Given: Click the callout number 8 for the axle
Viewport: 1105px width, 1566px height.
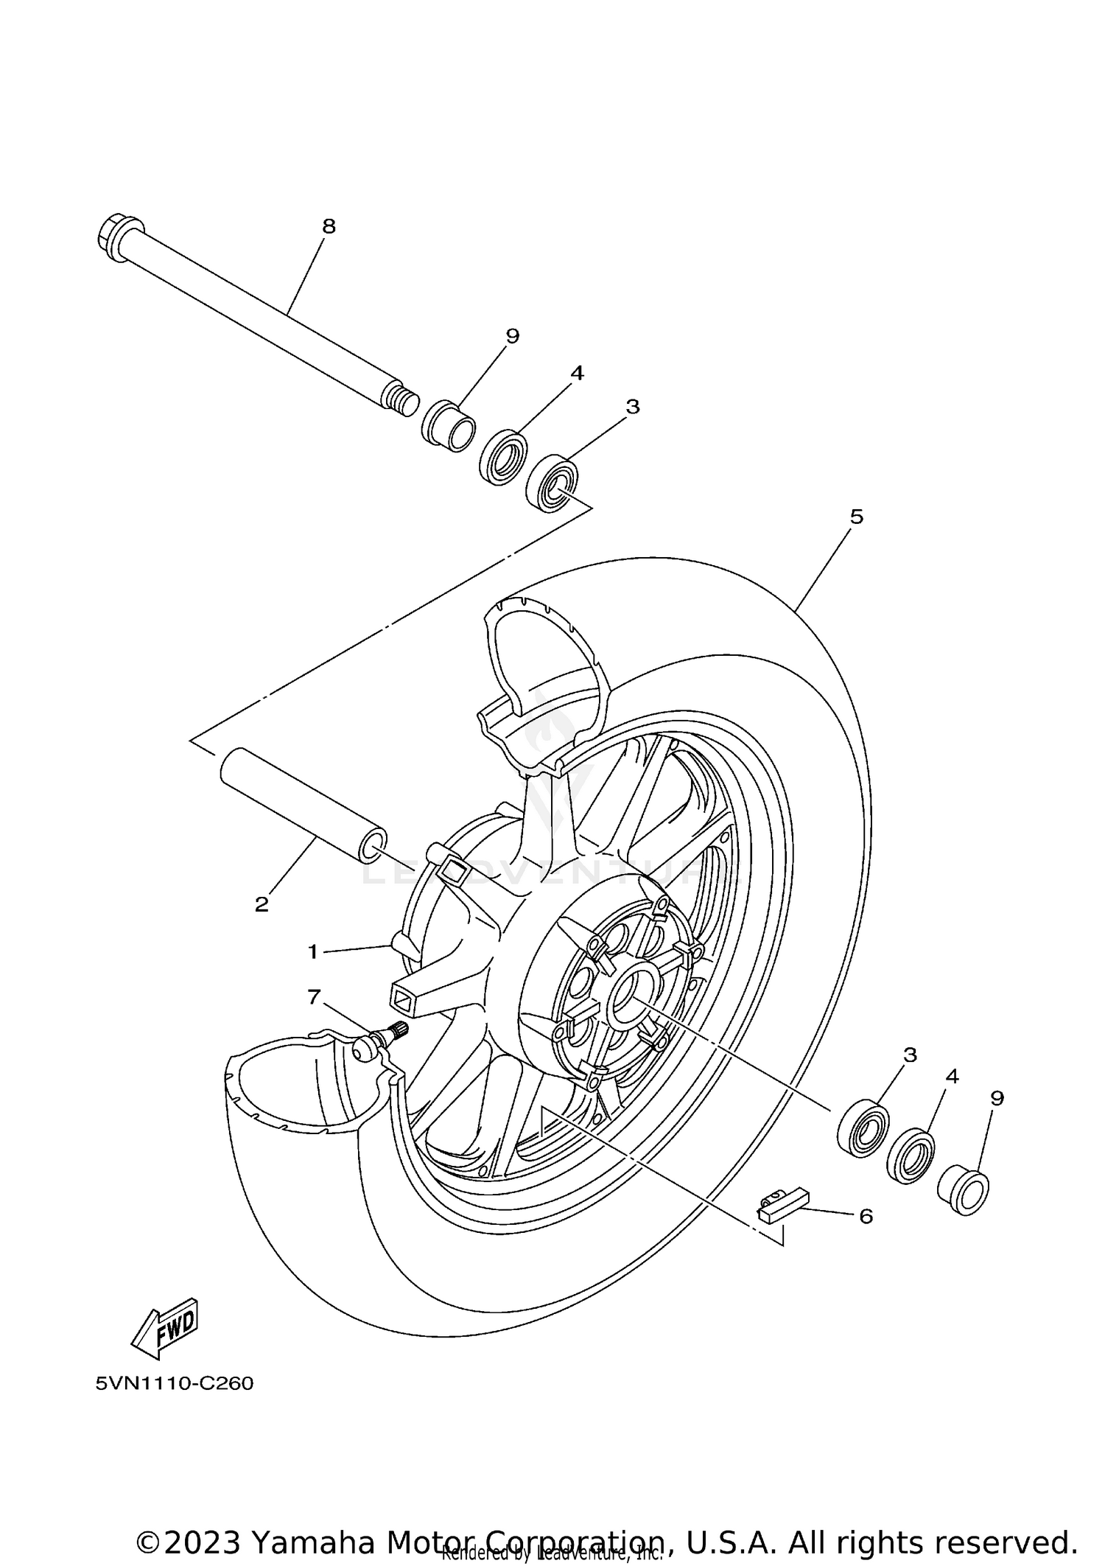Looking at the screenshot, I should pyautogui.click(x=329, y=227).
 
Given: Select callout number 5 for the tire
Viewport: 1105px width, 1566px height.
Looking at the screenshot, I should pyautogui.click(x=856, y=517).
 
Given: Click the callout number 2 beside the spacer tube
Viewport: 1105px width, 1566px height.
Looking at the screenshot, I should pyautogui.click(x=262, y=904).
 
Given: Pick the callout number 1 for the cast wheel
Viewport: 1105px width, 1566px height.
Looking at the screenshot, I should pyautogui.click(x=312, y=952).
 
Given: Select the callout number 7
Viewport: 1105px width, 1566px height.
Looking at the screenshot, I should pyautogui.click(x=315, y=998).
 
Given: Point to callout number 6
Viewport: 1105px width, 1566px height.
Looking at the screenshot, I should pyautogui.click(x=866, y=1217).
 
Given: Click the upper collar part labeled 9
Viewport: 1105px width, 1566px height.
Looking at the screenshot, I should pyautogui.click(x=448, y=424).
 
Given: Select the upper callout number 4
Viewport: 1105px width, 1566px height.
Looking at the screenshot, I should pyautogui.click(x=577, y=374).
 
